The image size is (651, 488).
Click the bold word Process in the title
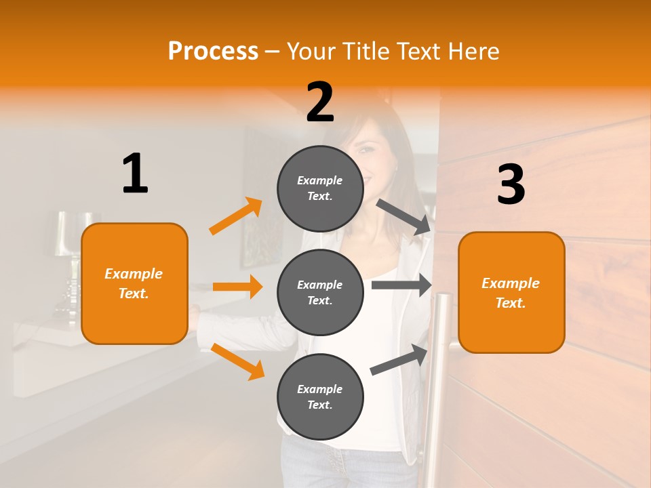(213, 51)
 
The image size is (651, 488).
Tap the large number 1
(135, 174)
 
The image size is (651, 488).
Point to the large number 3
(511, 185)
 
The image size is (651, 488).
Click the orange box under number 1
(134, 283)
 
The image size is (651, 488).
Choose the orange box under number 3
(511, 292)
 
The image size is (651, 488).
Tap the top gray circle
(320, 188)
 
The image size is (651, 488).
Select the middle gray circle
(320, 292)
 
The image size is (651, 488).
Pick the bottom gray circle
(320, 396)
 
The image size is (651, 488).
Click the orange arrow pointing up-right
(236, 216)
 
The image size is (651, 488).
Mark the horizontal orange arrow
(237, 287)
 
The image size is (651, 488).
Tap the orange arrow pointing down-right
(237, 361)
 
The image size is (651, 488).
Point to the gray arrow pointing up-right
(399, 359)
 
